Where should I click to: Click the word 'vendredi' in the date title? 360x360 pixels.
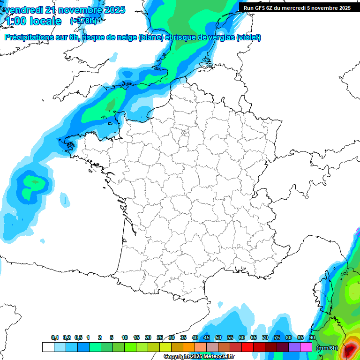[x=23, y=10]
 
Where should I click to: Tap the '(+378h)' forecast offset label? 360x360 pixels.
[x=83, y=21]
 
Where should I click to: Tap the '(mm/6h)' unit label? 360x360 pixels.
[x=327, y=348]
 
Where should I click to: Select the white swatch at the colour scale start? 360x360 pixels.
[x=48, y=347]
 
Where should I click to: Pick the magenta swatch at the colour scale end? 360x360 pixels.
[x=306, y=347]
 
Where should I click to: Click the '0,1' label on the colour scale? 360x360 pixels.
[x=55, y=337]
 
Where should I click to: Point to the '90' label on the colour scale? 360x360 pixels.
[x=312, y=337]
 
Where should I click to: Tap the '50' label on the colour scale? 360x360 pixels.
[x=218, y=337]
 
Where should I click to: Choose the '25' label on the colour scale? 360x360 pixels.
[x=160, y=337]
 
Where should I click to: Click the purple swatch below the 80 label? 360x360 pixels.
[x=294, y=347]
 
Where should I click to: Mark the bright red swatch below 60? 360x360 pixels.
[x=247, y=347]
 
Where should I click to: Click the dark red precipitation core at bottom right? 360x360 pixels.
[x=350, y=349]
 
